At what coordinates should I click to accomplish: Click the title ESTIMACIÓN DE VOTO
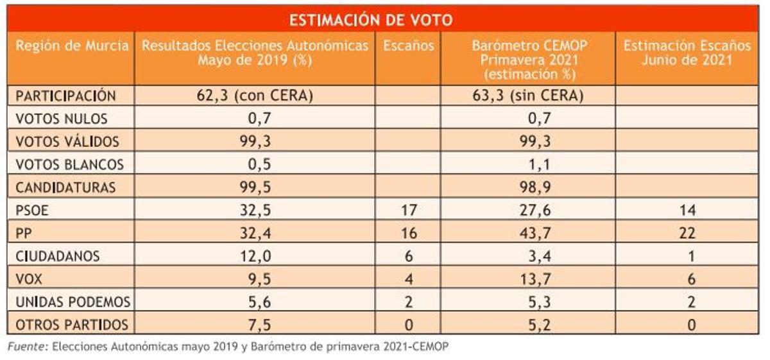point(370,20)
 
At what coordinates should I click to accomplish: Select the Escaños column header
point(409,46)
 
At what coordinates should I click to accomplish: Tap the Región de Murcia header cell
point(71,46)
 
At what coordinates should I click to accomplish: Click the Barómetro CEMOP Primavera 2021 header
point(529,59)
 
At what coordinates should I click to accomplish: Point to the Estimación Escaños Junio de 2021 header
point(687,53)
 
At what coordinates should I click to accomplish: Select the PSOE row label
point(34,210)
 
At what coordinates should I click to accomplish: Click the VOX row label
point(30,279)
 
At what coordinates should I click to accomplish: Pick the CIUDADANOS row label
point(58,256)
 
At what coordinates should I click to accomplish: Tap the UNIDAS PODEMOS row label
point(73,302)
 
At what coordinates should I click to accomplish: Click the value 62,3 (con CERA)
point(254,96)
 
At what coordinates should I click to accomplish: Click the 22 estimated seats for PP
point(687,234)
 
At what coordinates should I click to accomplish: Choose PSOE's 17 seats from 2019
point(409,210)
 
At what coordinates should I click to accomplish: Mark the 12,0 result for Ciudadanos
point(255,256)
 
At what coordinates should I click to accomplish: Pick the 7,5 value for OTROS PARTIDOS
point(255,325)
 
